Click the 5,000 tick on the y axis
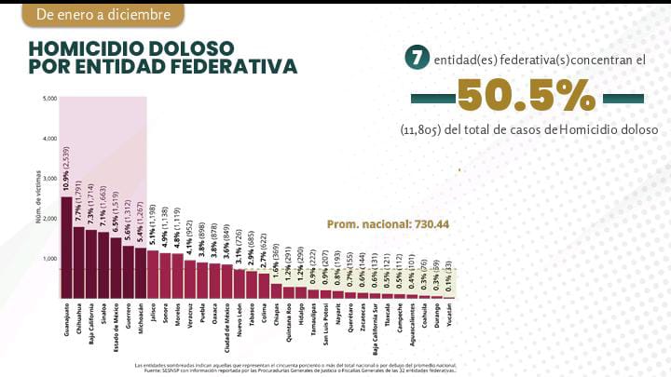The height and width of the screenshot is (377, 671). tap(49, 99)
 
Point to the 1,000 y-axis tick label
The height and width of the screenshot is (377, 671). tap(49, 258)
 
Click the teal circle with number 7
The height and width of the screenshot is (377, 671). tap(417, 59)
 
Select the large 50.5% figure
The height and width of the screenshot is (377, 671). tap(526, 97)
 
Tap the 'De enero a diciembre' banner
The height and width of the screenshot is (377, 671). tap(103, 15)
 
